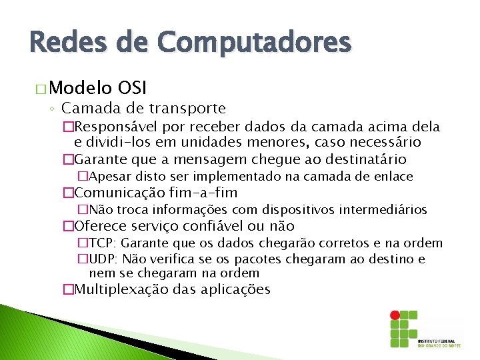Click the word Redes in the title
point(61,43)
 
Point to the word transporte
point(187,108)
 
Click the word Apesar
point(109,177)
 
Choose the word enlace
point(394,177)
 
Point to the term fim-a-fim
point(204,193)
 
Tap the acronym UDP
point(102,259)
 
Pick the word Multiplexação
point(122,289)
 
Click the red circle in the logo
point(395,315)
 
